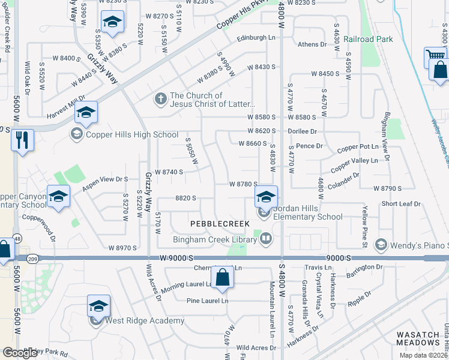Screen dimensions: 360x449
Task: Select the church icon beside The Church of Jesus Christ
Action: (160, 97)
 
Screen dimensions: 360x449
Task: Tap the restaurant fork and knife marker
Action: (22, 141)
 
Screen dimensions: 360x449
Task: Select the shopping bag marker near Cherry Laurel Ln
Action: (222, 277)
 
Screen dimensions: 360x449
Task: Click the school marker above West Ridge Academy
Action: (98, 307)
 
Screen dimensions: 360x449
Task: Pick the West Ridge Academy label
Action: (145, 320)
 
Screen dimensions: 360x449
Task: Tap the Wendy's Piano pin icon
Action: (381, 244)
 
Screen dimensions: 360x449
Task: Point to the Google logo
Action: (20, 353)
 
